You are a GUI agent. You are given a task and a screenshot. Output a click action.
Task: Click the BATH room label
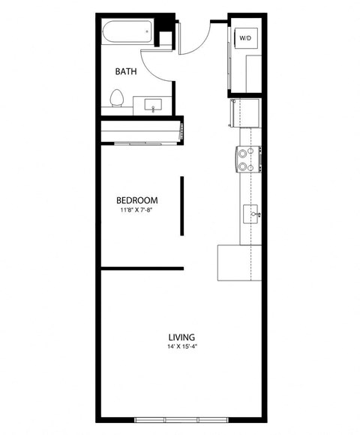click(x=125, y=72)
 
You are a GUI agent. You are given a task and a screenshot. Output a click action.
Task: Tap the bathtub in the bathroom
click(x=127, y=32)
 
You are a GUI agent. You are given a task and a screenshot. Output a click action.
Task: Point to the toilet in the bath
click(x=116, y=99)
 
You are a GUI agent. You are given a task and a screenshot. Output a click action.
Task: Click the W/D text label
click(x=245, y=37)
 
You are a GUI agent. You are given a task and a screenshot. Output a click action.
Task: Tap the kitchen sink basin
click(x=251, y=211)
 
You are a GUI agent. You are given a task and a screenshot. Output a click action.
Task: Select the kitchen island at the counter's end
click(x=237, y=262)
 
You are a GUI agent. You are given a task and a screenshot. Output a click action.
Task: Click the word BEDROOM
click(x=136, y=200)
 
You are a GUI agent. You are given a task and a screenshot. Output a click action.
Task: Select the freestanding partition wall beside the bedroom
click(x=181, y=206)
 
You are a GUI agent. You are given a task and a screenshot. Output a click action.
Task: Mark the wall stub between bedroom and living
click(x=142, y=268)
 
